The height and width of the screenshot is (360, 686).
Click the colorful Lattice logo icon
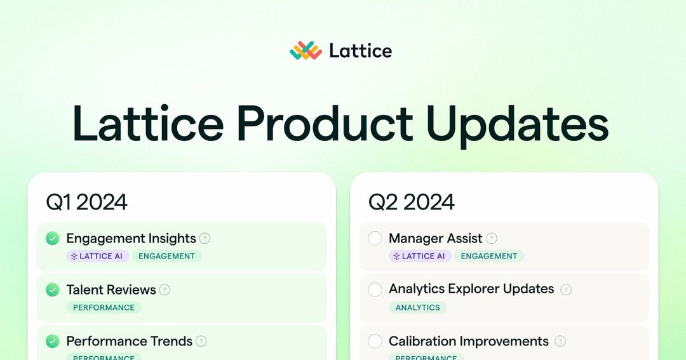(306, 51)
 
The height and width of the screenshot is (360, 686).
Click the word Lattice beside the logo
(360, 51)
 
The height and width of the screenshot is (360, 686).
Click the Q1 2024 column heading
(86, 202)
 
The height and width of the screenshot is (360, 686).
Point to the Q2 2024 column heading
(412, 202)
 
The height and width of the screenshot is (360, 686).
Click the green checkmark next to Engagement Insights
(53, 239)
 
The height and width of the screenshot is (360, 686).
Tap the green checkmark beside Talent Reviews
(53, 290)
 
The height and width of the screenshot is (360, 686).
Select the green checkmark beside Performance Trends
(53, 341)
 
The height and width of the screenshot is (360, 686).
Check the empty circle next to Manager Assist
(375, 239)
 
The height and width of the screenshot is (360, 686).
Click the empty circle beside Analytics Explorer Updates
(375, 290)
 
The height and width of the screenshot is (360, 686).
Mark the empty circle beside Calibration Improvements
(375, 341)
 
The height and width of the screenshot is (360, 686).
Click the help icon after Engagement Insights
(205, 239)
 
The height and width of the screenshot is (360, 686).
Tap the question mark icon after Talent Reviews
(165, 290)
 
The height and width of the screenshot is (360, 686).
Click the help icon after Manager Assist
(492, 239)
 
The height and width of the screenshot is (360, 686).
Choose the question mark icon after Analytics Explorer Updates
(566, 290)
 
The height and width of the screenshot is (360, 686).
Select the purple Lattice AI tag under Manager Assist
(420, 256)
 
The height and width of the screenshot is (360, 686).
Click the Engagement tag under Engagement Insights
(166, 256)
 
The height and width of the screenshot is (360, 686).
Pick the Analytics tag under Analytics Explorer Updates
(417, 307)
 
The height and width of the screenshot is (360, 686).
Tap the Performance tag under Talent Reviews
(104, 307)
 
